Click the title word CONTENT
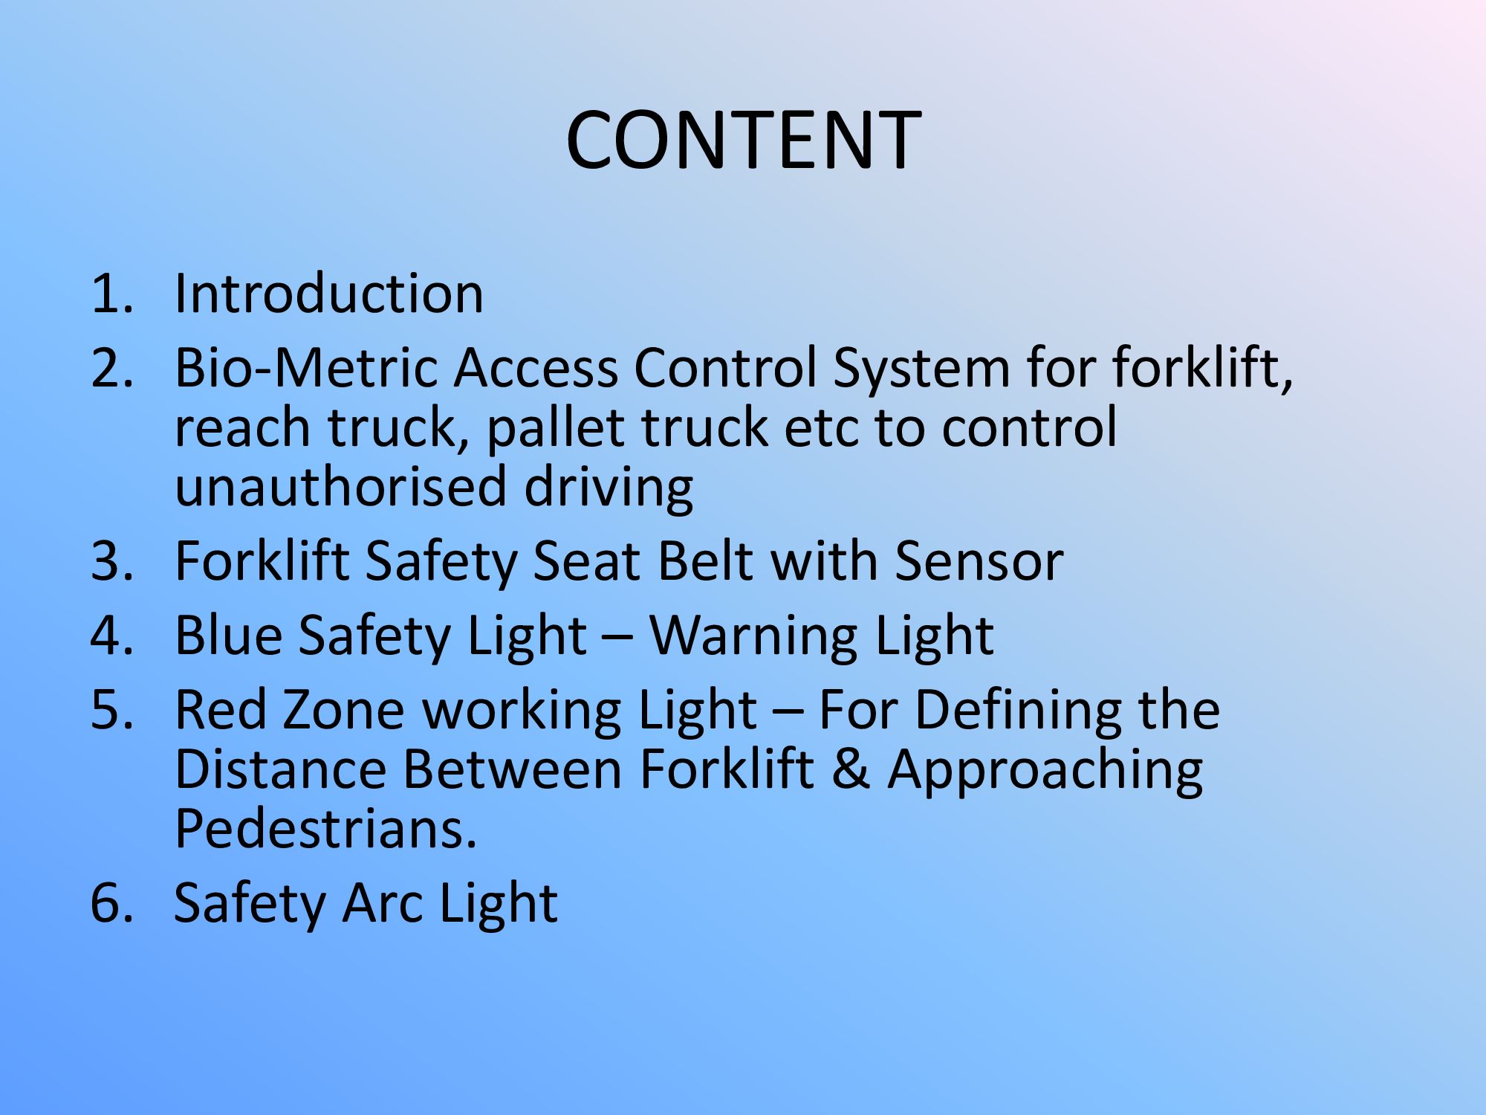744,140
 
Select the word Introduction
329,294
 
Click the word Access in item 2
536,368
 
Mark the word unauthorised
341,487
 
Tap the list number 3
113,561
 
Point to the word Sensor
979,562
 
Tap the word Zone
344,711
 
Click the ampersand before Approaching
851,769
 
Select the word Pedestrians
325,829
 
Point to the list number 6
113,903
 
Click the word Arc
382,904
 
